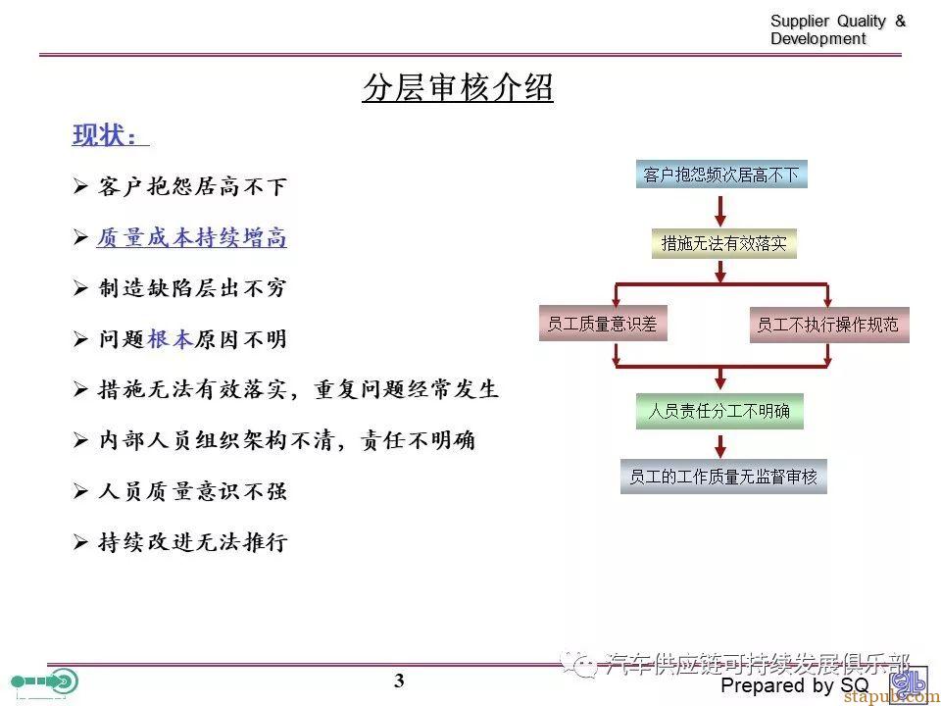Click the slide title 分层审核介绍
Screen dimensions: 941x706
click(458, 88)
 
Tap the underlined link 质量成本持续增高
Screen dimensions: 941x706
click(191, 237)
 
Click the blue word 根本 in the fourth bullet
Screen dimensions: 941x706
click(170, 339)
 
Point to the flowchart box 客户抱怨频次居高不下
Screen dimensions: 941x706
click(721, 175)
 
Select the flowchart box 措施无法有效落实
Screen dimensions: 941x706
click(723, 243)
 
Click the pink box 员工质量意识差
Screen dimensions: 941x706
click(603, 324)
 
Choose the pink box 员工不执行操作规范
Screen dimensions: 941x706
click(829, 325)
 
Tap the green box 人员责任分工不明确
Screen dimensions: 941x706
click(719, 411)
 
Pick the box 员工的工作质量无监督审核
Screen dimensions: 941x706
click(723, 477)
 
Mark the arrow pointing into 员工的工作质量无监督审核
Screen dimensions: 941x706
click(720, 444)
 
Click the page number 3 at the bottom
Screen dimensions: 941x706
click(399, 681)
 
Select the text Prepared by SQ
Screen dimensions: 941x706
click(795, 685)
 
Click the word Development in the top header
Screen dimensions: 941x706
click(817, 39)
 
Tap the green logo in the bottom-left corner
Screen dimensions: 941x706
click(45, 682)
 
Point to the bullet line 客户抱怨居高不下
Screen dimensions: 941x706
click(180, 186)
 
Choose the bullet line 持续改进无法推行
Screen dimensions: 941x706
click(180, 542)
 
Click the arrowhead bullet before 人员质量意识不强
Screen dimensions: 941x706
click(80, 491)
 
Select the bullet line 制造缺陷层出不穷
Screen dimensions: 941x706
click(180, 288)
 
